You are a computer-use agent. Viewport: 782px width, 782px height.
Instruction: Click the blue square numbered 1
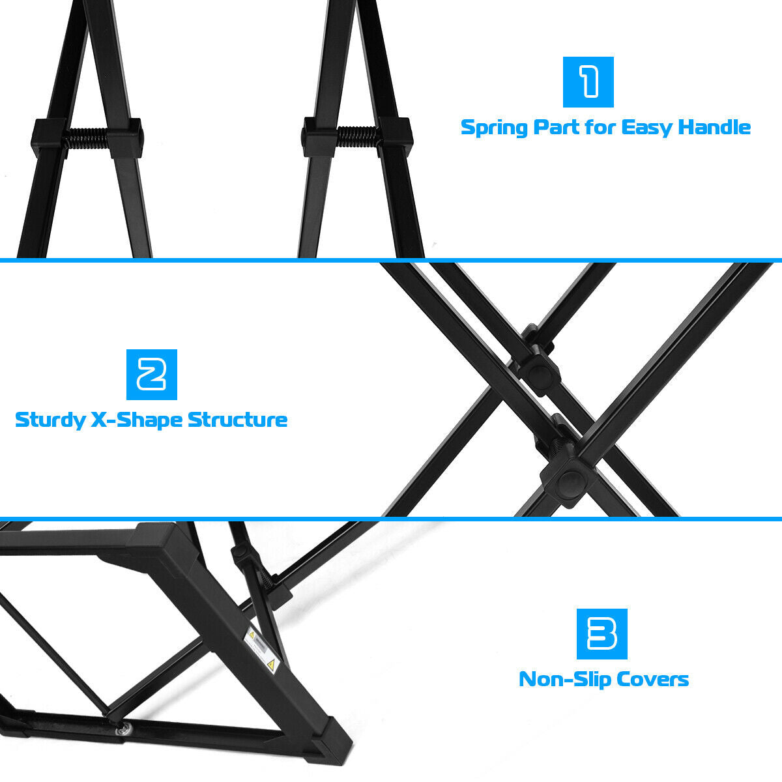[x=588, y=82]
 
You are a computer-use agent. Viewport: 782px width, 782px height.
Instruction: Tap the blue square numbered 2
[x=152, y=375]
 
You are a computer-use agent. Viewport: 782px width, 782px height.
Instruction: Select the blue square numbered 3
[x=602, y=634]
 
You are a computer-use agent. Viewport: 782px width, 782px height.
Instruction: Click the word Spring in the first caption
[x=494, y=128]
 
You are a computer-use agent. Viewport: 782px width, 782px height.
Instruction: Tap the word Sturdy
[x=50, y=420]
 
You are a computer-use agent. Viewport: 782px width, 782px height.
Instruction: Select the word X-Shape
[x=136, y=420]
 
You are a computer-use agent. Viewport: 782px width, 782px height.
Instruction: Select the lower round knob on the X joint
[x=571, y=483]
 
